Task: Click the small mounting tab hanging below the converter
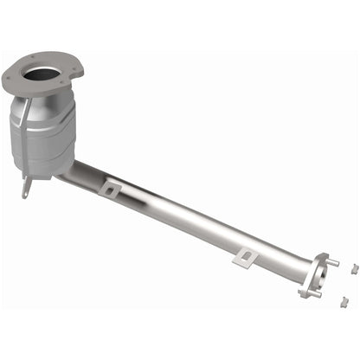click(x=27, y=187)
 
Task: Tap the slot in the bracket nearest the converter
click(x=110, y=188)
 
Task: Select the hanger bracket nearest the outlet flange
click(x=247, y=255)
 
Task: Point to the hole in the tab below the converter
click(x=26, y=190)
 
